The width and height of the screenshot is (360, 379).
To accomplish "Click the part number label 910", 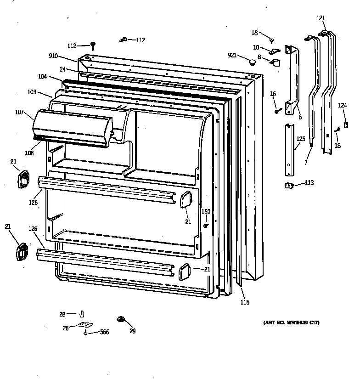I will click(x=53, y=56).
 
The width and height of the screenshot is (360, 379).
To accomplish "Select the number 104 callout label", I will click(x=42, y=78).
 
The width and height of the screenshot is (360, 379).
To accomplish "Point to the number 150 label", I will click(x=206, y=211).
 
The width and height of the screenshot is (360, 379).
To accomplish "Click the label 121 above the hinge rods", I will click(x=321, y=18).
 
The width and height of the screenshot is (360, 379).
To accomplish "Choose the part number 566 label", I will click(x=104, y=332).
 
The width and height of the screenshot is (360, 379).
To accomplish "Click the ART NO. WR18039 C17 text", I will click(x=292, y=323).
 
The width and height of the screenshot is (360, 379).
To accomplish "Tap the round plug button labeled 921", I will click(x=252, y=62).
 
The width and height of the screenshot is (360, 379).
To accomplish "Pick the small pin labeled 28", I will click(x=82, y=314).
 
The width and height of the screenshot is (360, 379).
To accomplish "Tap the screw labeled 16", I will click(x=277, y=110).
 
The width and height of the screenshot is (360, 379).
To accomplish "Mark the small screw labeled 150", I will click(x=207, y=225).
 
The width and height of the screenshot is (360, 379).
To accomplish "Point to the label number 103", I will click(x=32, y=92).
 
